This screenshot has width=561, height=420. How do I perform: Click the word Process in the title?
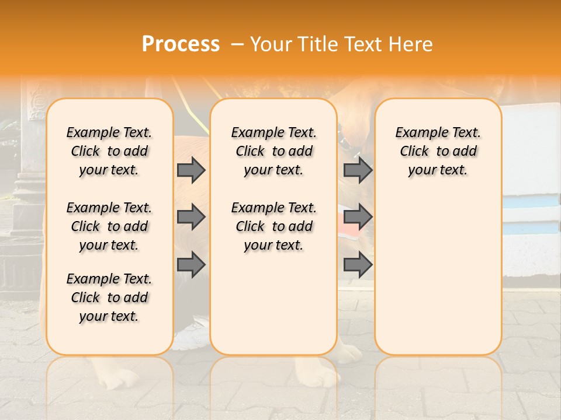(181, 44)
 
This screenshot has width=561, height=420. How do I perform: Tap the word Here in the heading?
(411, 44)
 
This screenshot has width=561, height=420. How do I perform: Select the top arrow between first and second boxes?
(191, 170)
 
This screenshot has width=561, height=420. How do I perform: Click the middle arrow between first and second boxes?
(191, 217)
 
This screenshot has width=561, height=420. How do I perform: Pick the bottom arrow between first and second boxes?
(191, 265)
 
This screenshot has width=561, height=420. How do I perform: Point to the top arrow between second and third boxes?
(358, 170)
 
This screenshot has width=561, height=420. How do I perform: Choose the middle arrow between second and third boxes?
(358, 217)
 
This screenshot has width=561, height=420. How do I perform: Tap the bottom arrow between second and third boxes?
(358, 265)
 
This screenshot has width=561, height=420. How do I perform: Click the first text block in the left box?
(109, 151)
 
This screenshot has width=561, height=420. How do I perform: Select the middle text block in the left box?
(109, 226)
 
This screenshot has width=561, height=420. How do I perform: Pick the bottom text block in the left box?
(109, 297)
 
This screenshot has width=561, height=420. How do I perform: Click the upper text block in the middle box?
(273, 151)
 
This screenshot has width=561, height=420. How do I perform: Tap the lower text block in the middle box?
(273, 226)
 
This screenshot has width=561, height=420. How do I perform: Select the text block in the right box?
(438, 151)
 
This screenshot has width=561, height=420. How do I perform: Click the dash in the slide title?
(237, 44)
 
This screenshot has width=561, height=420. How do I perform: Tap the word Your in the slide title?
(270, 44)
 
